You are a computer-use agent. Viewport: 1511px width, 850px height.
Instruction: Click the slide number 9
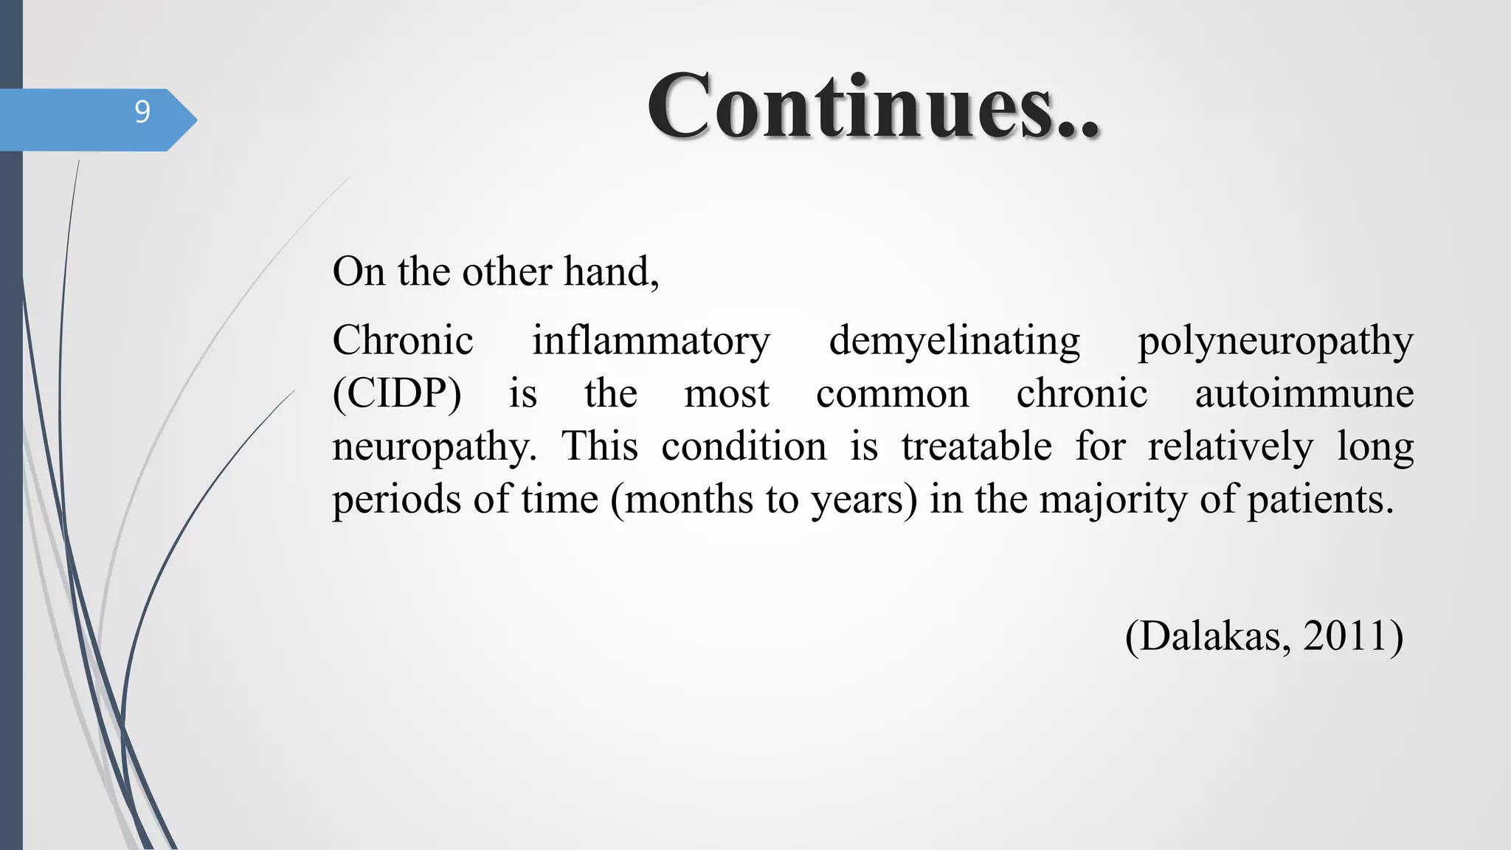coord(142,112)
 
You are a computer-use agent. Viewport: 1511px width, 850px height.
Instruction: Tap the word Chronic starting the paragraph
coord(403,341)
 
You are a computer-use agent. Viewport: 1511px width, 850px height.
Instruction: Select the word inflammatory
coord(651,341)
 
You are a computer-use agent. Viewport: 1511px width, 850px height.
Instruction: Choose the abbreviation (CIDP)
coord(397,394)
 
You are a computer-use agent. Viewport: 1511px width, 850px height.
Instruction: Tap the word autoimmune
coord(1304,393)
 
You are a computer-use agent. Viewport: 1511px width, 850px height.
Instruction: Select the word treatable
coord(976,446)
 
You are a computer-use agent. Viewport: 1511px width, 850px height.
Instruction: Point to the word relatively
coord(1230,446)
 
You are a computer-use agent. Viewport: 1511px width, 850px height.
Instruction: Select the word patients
coord(1320,500)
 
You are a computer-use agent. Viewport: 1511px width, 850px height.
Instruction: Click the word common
coord(892,394)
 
